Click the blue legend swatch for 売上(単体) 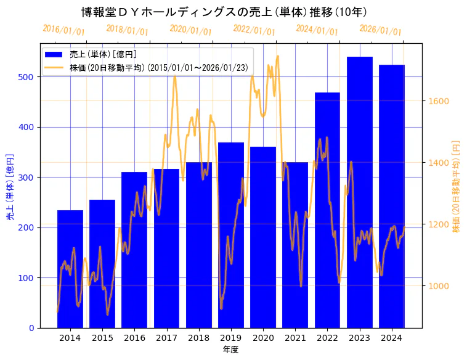55,55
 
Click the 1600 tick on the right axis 439,101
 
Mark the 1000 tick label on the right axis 439,286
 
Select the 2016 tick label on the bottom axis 134,338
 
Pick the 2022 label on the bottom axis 327,338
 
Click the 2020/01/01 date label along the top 190,30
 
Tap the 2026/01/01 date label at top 380,30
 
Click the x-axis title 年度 231,350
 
